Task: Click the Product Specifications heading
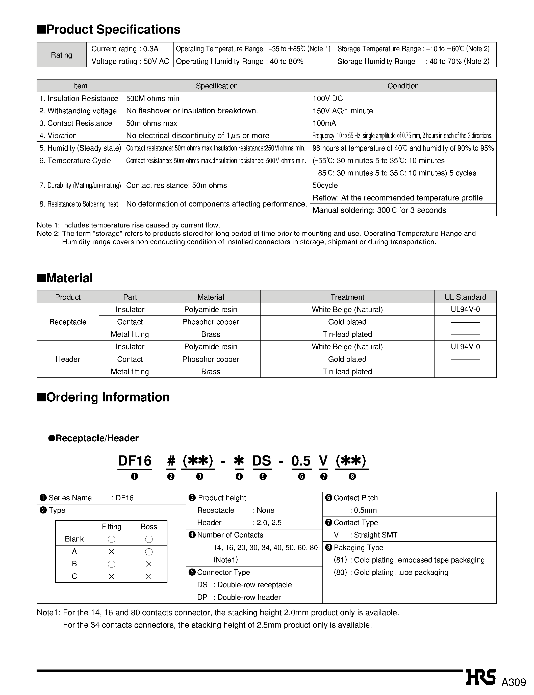(x=109, y=30)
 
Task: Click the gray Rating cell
(x=62, y=55)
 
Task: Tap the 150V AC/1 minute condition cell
(x=343, y=111)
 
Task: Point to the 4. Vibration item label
(x=58, y=136)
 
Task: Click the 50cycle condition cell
(x=325, y=185)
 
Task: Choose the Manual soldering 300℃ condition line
(x=379, y=210)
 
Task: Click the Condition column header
(x=403, y=86)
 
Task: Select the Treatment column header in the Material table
(x=347, y=297)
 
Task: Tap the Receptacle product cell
(x=68, y=322)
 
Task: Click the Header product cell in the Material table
(x=68, y=359)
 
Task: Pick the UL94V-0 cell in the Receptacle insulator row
(x=465, y=310)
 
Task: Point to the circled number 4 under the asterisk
(x=239, y=477)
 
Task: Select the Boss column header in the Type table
(x=149, y=527)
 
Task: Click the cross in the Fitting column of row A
(x=112, y=552)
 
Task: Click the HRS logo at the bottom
(x=481, y=677)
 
